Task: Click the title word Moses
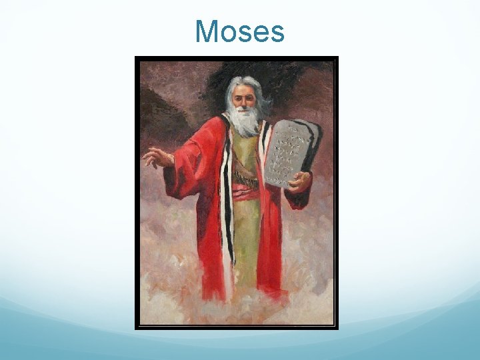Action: tap(240, 31)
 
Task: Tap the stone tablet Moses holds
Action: tap(291, 153)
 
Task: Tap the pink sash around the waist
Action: tap(245, 193)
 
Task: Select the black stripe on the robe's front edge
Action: tap(228, 200)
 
